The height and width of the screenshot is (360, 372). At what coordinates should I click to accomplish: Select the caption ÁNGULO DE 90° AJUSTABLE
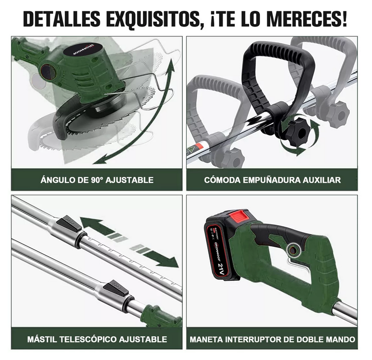coord(97,180)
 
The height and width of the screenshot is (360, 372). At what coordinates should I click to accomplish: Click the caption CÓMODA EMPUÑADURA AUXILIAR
coord(272,180)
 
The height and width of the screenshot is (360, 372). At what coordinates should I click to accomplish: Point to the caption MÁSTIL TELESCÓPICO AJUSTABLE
coord(97,339)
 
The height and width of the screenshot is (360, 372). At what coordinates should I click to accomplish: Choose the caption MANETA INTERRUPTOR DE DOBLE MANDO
coord(272,339)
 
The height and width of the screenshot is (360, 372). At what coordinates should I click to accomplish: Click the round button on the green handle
coord(293,249)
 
